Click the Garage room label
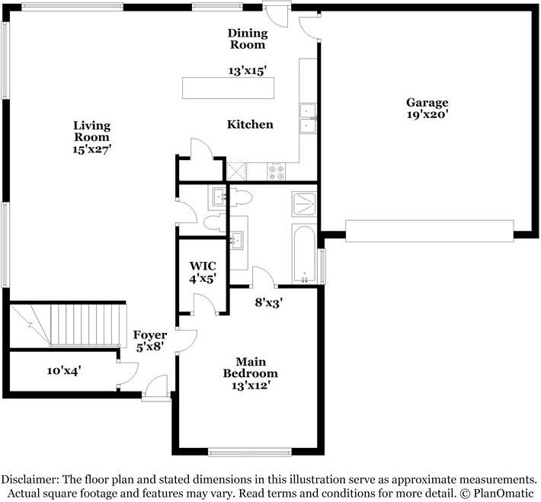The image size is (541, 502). tap(427, 103)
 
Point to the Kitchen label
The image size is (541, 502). tap(250, 124)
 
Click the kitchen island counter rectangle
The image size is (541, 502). tap(228, 88)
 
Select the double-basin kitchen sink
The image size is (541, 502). tap(308, 118)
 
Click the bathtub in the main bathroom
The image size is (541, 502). tap(304, 254)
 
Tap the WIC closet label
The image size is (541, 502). tap(203, 265)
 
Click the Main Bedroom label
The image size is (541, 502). tap(250, 367)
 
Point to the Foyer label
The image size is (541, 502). tap(149, 335)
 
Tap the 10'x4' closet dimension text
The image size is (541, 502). tap(64, 371)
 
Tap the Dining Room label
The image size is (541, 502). tap(248, 39)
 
